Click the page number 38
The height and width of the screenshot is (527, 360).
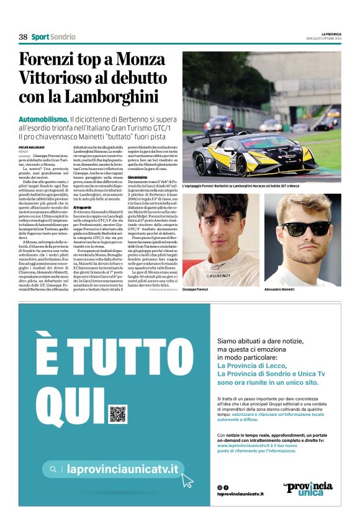[x=24, y=37]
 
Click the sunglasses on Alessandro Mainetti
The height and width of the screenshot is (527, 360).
[x=307, y=228]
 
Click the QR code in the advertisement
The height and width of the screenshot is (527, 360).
[x=117, y=414]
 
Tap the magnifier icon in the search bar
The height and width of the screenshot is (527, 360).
[x=54, y=469]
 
